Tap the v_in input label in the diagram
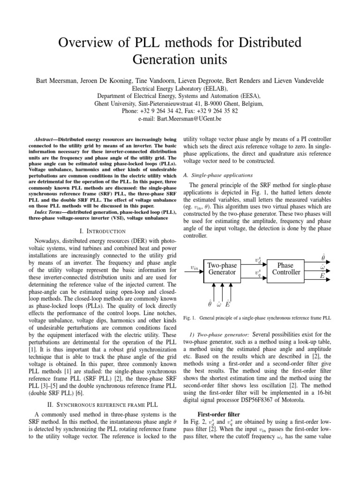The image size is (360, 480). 195,268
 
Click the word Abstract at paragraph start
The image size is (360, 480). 45,139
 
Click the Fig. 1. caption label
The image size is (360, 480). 188,318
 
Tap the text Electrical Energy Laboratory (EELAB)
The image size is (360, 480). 180,88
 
